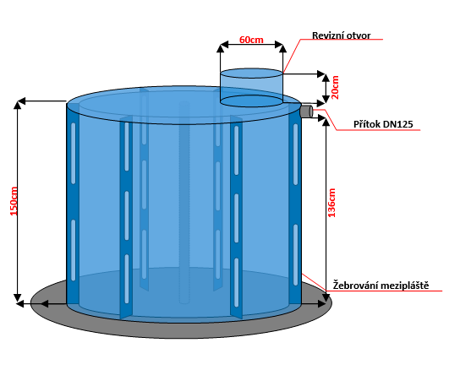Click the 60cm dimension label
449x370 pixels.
click(x=251, y=40)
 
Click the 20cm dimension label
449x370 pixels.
click(x=335, y=88)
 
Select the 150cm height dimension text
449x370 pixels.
click(x=14, y=201)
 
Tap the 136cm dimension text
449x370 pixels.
click(x=331, y=203)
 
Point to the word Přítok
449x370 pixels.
click(x=366, y=124)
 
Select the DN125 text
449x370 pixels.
click(x=398, y=124)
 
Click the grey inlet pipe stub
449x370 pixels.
click(x=307, y=112)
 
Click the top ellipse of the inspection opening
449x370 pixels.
click(x=251, y=73)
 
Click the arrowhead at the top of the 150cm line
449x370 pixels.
click(x=18, y=105)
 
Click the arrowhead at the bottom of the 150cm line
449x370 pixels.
click(x=18, y=297)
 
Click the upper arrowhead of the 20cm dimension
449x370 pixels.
click(x=326, y=78)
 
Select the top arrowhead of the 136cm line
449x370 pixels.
click(x=326, y=122)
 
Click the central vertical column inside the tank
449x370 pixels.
click(x=184, y=202)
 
